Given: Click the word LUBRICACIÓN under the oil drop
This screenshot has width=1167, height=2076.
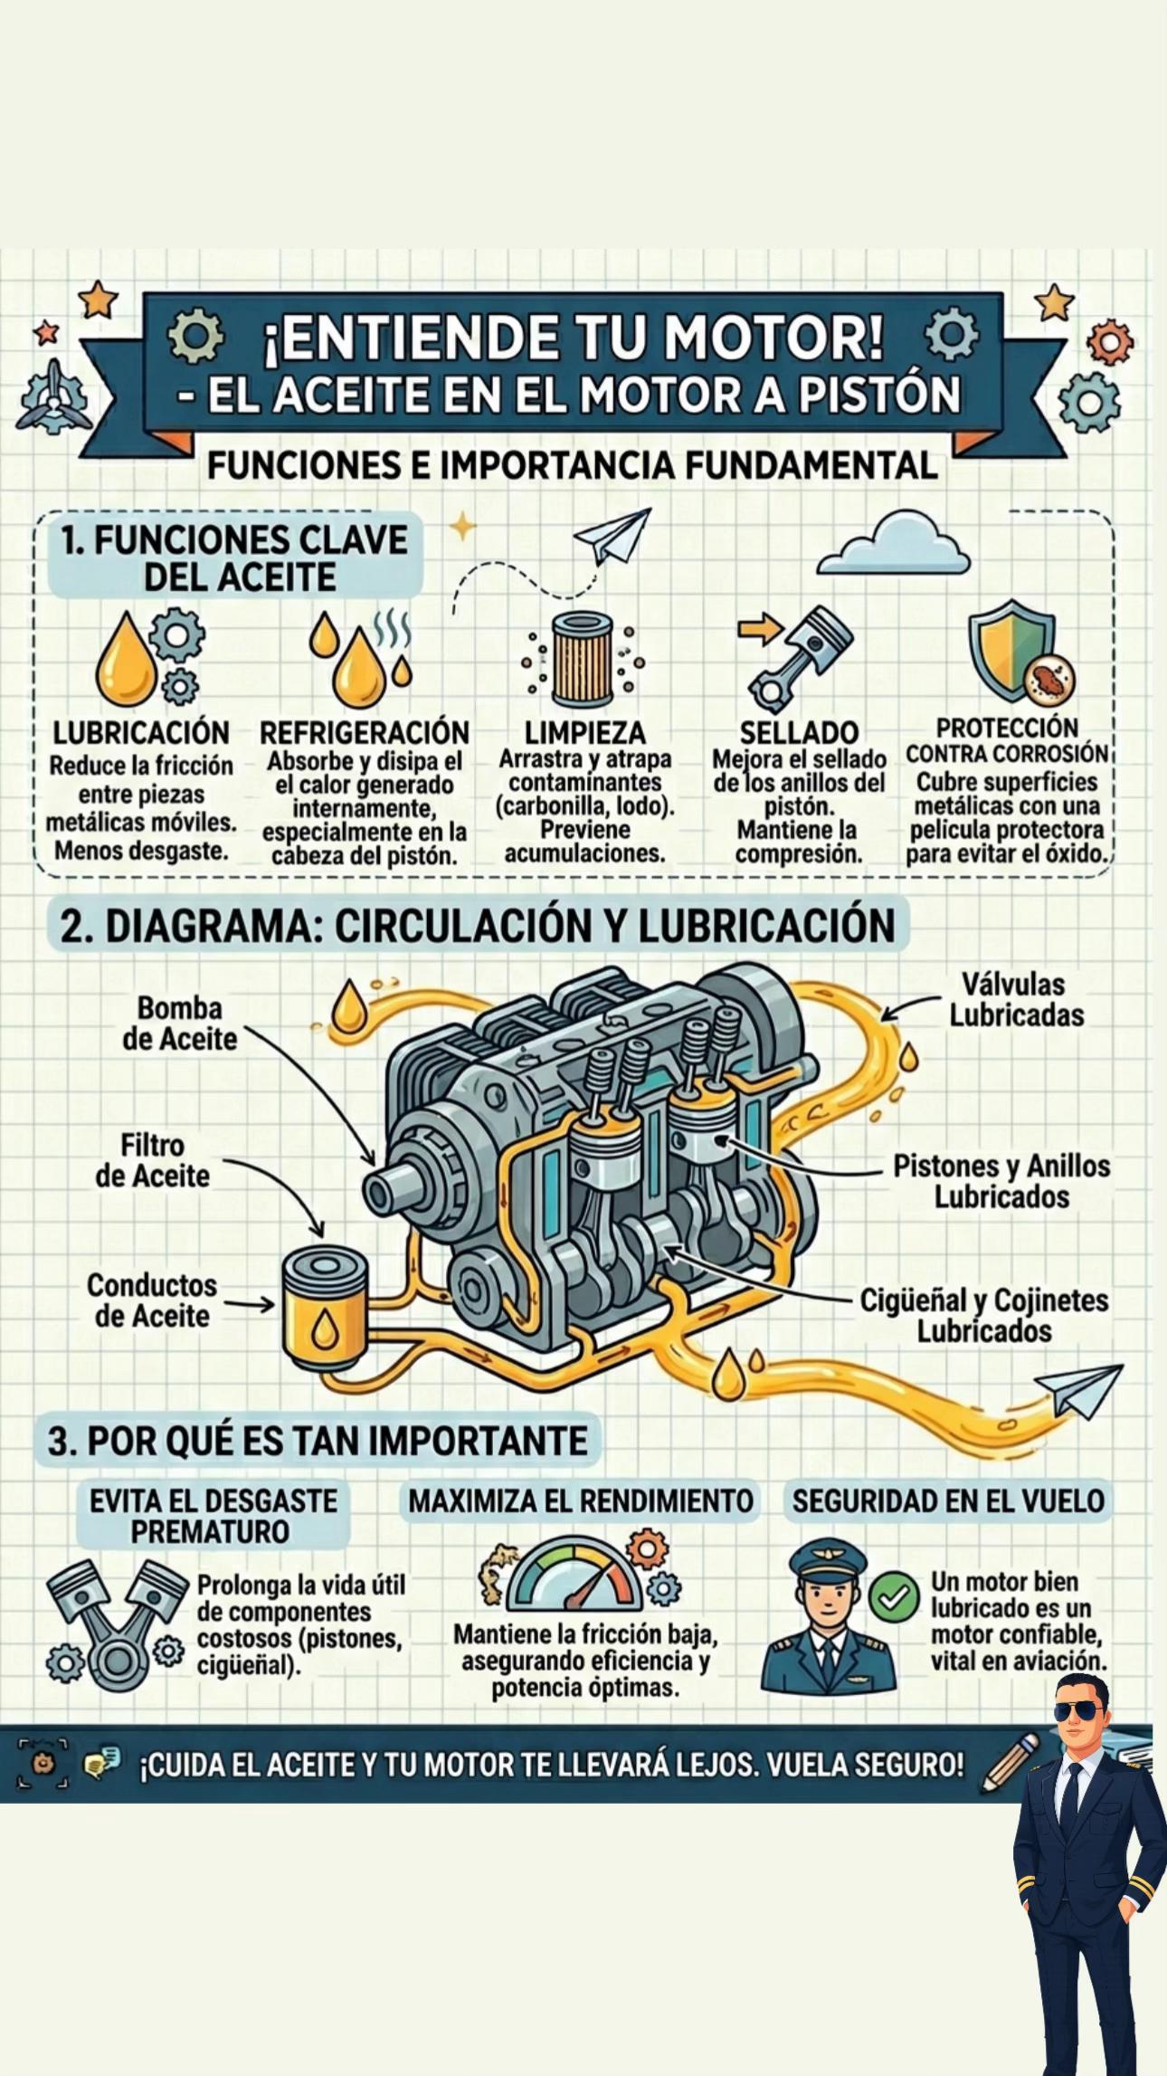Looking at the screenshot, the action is pyautogui.click(x=141, y=732).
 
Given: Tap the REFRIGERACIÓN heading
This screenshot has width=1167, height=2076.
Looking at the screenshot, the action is pyautogui.click(x=365, y=732).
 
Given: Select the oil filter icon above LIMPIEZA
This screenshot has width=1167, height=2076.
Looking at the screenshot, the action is pyautogui.click(x=583, y=660).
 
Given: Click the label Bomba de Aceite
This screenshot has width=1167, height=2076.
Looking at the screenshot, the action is pyautogui.click(x=179, y=1024).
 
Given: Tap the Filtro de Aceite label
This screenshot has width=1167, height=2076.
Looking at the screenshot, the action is pyautogui.click(x=152, y=1161).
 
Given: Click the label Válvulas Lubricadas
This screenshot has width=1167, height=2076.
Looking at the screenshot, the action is pyautogui.click(x=1016, y=999).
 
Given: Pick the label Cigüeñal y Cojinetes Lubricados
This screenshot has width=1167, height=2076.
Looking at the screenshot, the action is pyautogui.click(x=983, y=1315).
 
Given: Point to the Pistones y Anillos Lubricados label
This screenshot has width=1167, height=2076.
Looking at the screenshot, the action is pyautogui.click(x=1001, y=1181).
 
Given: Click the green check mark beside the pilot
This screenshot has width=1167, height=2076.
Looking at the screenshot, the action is pyautogui.click(x=894, y=1597).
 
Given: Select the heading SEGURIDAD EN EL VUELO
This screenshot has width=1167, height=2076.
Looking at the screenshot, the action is pyautogui.click(x=948, y=1501).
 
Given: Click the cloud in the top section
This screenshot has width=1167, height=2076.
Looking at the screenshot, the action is pyautogui.click(x=893, y=544).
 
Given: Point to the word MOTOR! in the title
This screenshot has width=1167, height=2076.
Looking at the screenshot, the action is pyautogui.click(x=773, y=337).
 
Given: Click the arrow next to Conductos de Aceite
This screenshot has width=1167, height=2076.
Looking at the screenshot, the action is pyautogui.click(x=249, y=1304).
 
